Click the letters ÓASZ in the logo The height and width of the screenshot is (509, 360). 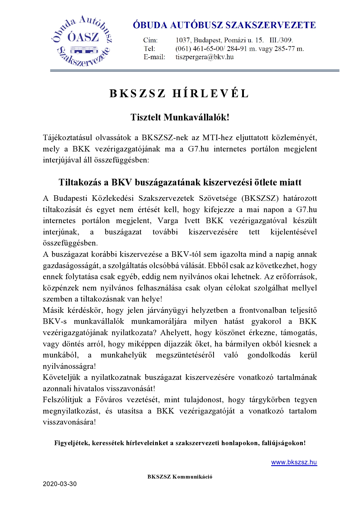[83, 37]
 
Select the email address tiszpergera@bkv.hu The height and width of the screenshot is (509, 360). [204, 57]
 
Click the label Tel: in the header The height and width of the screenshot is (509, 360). [149, 48]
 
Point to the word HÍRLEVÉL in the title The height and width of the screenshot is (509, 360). [211, 93]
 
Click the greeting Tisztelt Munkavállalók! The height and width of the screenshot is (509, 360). [180, 117]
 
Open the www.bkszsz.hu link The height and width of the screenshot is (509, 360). [294, 462]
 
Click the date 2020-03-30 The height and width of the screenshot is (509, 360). [60, 484]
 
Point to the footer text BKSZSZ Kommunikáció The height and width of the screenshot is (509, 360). [180, 476]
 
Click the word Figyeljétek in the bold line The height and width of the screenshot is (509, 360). [71, 443]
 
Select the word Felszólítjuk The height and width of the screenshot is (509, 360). [63, 400]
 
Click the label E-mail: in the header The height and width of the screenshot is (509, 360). [154, 57]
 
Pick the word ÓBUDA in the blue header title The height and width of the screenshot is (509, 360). [150, 25]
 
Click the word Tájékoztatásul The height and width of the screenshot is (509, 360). [67, 138]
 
